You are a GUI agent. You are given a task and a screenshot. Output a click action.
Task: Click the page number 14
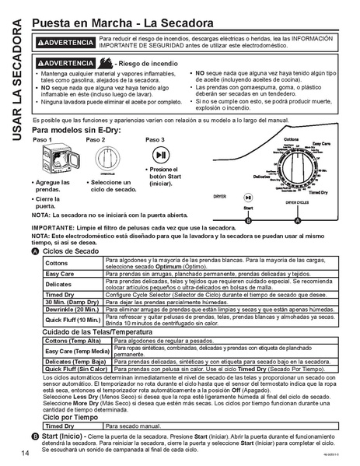click(26, 453)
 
